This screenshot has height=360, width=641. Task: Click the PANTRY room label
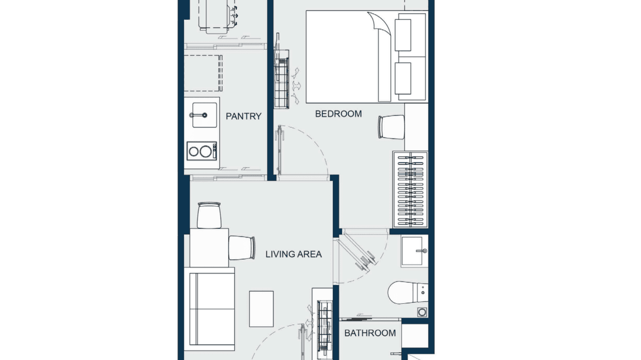244,116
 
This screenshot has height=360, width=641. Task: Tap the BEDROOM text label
338,114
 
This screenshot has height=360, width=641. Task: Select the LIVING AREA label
293,254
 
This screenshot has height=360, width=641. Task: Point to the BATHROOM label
370,333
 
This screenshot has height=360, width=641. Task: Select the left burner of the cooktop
194,152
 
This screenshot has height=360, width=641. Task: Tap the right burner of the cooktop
206,152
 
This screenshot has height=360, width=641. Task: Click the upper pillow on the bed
403,35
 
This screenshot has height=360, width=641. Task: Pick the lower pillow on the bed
403,79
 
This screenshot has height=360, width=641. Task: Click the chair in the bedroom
391,127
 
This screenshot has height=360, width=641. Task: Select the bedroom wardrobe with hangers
410,190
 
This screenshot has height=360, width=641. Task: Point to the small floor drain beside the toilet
421,312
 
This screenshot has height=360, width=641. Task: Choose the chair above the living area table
209,215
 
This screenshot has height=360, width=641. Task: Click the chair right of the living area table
242,248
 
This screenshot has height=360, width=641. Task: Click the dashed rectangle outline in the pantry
203,73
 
